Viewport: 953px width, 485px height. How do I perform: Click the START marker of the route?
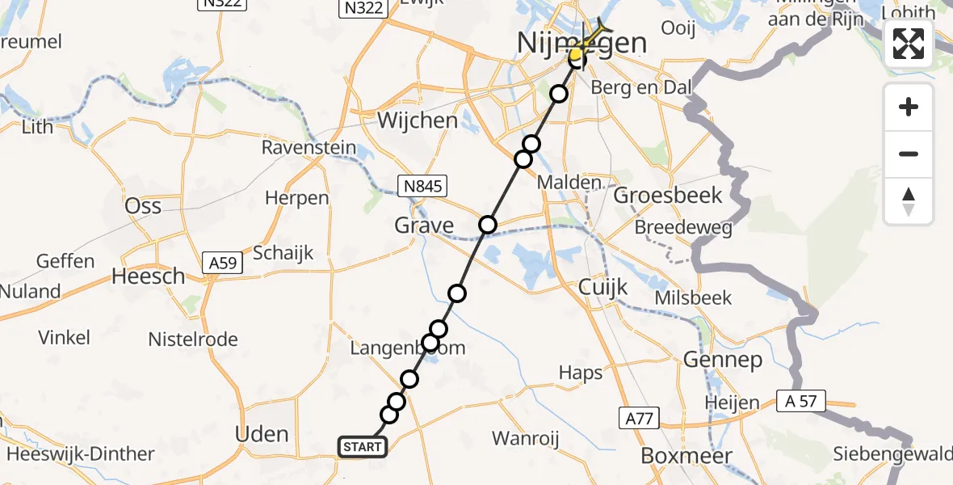[362, 447]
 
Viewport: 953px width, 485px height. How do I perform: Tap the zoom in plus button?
[909, 107]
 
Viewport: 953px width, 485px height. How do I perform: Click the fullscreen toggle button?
[909, 44]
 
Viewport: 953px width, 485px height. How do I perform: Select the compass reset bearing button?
[909, 201]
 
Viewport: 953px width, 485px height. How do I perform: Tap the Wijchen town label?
[418, 121]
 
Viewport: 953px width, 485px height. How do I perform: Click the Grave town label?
[424, 225]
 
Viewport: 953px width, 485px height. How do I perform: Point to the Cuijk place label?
[598, 287]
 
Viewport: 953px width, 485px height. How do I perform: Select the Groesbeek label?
[669, 196]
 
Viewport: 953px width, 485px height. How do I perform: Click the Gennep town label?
[723, 360]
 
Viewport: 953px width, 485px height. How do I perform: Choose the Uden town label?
[262, 434]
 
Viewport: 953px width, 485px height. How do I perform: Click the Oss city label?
[143, 205]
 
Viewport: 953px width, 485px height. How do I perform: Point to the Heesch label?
[148, 276]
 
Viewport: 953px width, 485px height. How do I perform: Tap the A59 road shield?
[222, 263]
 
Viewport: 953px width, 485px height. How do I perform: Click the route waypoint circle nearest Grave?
[487, 225]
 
